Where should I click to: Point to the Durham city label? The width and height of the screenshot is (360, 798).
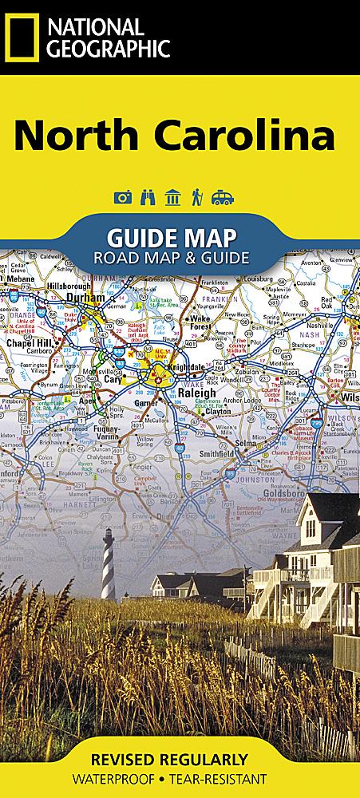click(x=87, y=297)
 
